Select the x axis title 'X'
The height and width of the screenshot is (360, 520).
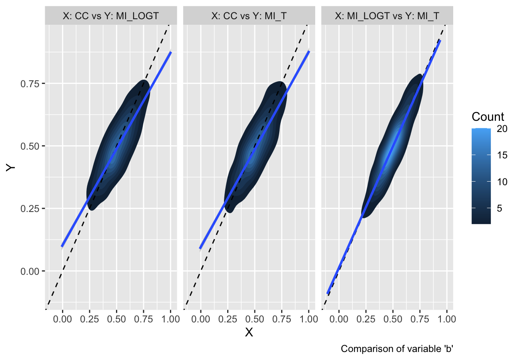point(249,332)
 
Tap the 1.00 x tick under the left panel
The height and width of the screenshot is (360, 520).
point(171,319)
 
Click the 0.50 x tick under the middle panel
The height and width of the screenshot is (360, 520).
point(255,319)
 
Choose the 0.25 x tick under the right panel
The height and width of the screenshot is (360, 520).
point(366,319)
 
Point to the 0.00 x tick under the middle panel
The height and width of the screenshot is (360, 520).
point(201,319)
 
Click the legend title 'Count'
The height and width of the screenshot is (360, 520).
point(488,117)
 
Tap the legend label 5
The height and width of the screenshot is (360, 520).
point(500,208)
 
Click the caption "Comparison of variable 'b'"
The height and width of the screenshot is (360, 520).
point(396,349)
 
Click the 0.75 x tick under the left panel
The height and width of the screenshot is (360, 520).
point(144,319)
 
